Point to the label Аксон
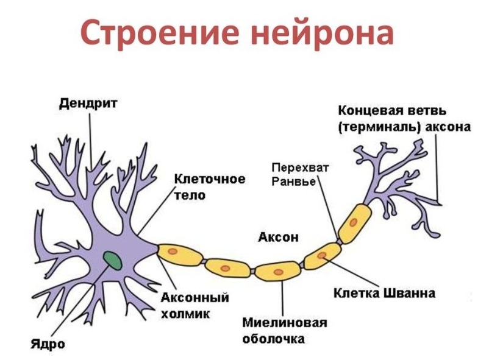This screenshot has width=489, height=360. [x=278, y=237]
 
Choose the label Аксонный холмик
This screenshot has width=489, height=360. [x=195, y=306]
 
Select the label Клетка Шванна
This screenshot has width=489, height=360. [x=384, y=293]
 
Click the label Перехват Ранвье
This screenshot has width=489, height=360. [x=292, y=174]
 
